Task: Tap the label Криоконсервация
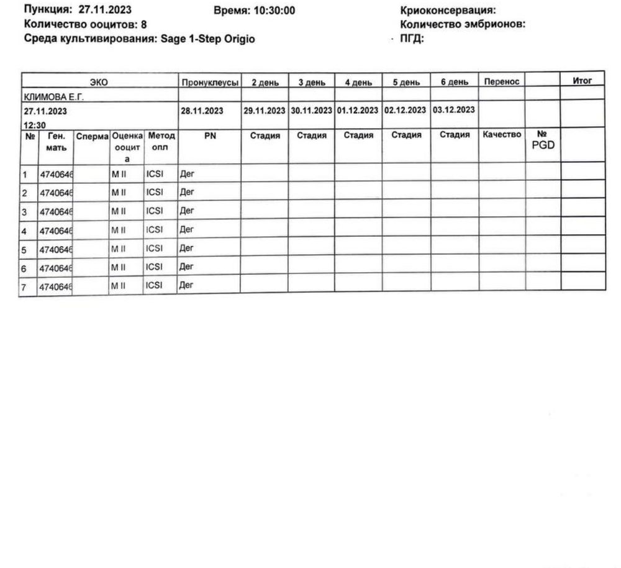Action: (x=448, y=11)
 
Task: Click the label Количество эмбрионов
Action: (x=463, y=25)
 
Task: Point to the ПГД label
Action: (x=412, y=39)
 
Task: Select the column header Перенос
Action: (x=501, y=82)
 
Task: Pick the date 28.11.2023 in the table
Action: (x=202, y=111)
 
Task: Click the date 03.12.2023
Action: (x=454, y=110)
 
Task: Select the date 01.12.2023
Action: (x=358, y=111)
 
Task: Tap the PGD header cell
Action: (x=543, y=140)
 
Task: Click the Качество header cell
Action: (x=501, y=135)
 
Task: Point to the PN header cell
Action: (x=209, y=135)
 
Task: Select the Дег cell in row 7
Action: (x=186, y=285)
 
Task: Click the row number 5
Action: (x=24, y=250)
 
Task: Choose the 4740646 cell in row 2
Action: (x=55, y=193)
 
